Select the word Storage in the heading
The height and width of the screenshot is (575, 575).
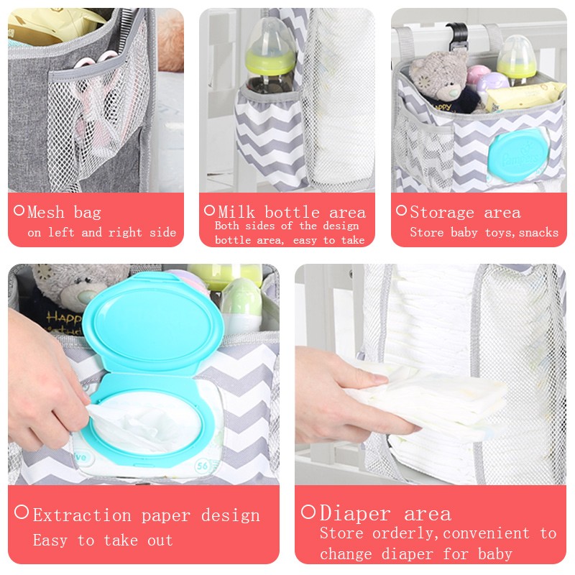[x=441, y=213]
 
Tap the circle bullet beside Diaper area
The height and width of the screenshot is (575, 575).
[x=308, y=512]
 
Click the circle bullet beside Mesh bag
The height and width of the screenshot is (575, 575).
[x=19, y=211]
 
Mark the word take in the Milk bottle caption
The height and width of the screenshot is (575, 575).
[x=351, y=241]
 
